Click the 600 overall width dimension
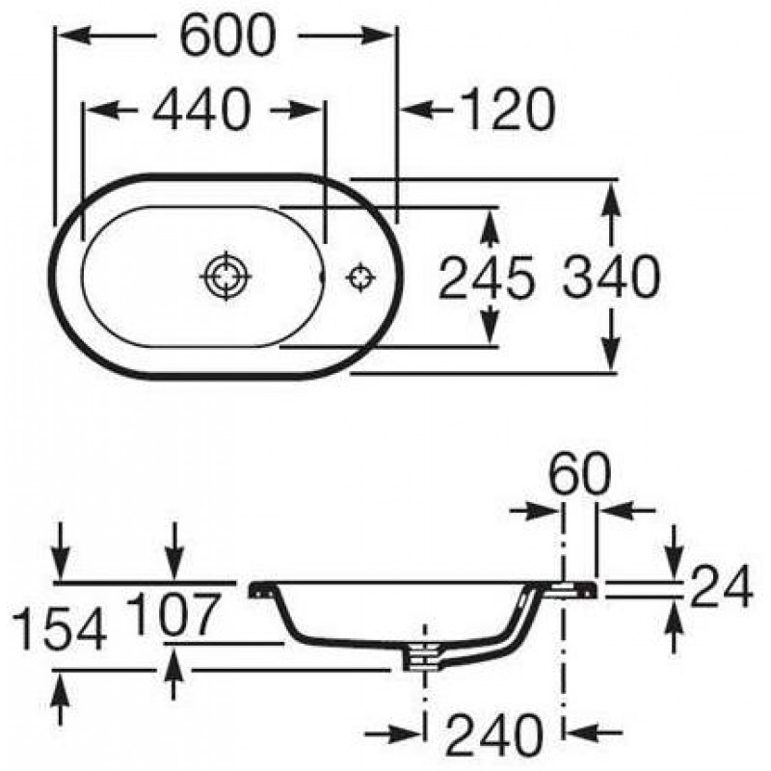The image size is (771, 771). (x=227, y=35)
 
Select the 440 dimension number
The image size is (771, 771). (x=201, y=109)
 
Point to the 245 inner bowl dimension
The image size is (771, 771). (x=486, y=278)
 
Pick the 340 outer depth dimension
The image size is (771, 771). (x=611, y=277)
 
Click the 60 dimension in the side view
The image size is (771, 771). (x=579, y=473)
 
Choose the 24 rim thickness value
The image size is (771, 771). (x=721, y=586)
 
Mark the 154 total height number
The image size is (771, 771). (x=59, y=629)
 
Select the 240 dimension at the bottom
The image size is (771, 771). (x=493, y=736)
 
